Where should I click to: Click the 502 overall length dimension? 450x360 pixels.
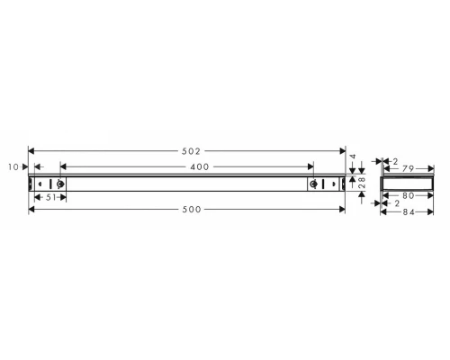[x=187, y=149]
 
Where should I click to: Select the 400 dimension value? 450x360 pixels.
[x=187, y=166]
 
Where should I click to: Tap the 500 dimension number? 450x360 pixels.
[x=187, y=209]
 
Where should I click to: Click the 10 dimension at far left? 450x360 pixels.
[x=12, y=166]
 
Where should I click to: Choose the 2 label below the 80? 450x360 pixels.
[x=397, y=203]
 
